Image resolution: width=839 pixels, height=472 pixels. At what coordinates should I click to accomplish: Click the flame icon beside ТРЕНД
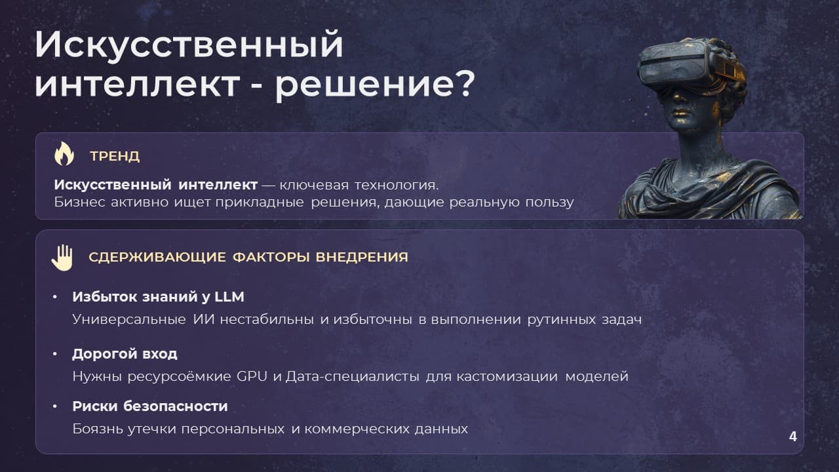coord(64,154)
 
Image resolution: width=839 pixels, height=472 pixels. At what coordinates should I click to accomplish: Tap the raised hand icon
coord(62,258)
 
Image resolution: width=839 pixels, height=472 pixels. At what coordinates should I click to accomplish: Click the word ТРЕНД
coord(115,156)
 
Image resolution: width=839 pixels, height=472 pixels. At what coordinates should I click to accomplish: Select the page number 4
coord(792,437)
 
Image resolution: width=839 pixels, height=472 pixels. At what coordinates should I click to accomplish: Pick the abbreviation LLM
coord(229,297)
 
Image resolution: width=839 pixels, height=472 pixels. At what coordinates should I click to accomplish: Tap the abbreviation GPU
coord(252,376)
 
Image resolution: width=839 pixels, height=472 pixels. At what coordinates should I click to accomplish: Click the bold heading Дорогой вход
coord(125,354)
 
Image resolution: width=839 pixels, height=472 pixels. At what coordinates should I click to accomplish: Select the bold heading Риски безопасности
coord(150,406)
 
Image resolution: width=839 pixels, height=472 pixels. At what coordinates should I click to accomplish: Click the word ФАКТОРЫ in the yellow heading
coord(271,258)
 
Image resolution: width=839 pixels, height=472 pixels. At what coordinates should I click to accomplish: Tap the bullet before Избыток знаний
coord(54,297)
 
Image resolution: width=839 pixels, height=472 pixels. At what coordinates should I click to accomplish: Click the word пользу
coord(549,203)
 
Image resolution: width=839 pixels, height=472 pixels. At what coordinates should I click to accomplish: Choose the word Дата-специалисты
coord(353,376)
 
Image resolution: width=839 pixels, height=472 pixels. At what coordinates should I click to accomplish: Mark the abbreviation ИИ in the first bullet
coord(204,319)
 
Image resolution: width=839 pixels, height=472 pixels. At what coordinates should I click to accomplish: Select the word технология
coord(397,185)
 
